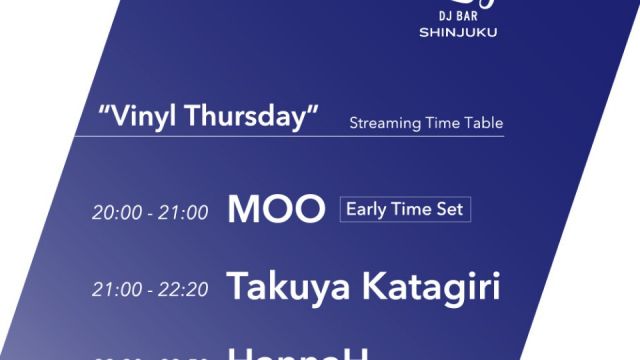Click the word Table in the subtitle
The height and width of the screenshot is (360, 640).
pyautogui.click(x=481, y=124)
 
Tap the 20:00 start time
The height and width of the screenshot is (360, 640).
pyautogui.click(x=111, y=212)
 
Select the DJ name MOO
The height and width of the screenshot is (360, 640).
pyautogui.click(x=277, y=209)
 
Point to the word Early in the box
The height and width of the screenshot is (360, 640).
pyautogui.click(x=366, y=210)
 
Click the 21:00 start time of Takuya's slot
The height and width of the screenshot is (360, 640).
pyautogui.click(x=111, y=291)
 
